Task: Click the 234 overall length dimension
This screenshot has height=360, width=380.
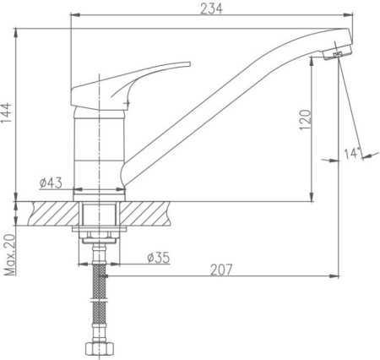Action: click(x=211, y=8)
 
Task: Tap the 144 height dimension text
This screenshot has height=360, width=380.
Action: click(x=7, y=112)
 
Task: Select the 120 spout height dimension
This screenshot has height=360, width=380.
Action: click(x=306, y=120)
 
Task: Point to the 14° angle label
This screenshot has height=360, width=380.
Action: click(x=352, y=153)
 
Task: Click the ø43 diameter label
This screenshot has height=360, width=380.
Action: click(x=51, y=183)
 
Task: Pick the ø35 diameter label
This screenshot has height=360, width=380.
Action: click(x=159, y=258)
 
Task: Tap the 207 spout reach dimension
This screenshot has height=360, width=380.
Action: click(x=222, y=270)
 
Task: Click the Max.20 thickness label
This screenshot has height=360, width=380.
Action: click(x=9, y=254)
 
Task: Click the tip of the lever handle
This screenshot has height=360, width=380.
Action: click(x=189, y=64)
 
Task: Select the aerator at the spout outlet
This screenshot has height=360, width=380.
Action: click(x=337, y=54)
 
